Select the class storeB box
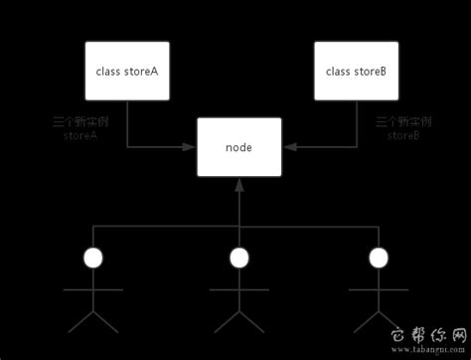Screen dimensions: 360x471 point(355,71)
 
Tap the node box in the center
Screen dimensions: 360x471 point(238,147)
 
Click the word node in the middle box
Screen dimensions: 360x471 point(238,147)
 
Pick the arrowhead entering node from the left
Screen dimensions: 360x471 point(192,147)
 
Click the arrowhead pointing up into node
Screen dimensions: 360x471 point(238,184)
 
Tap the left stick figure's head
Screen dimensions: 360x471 point(93,259)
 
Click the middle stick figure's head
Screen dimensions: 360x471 point(238,259)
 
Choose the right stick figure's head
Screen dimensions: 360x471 point(377,259)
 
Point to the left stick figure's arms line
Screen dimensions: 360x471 point(93,290)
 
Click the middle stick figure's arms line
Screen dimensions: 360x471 point(238,290)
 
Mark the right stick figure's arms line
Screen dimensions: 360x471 point(377,290)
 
